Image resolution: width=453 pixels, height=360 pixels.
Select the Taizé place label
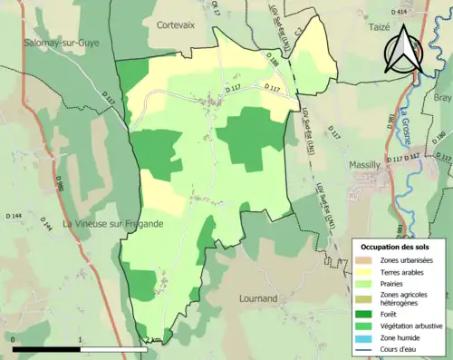(358, 28)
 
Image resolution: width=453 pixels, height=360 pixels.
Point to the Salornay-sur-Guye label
(61, 42)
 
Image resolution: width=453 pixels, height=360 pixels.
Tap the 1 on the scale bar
(82, 340)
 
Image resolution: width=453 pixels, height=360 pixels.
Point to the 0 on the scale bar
(14, 340)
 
